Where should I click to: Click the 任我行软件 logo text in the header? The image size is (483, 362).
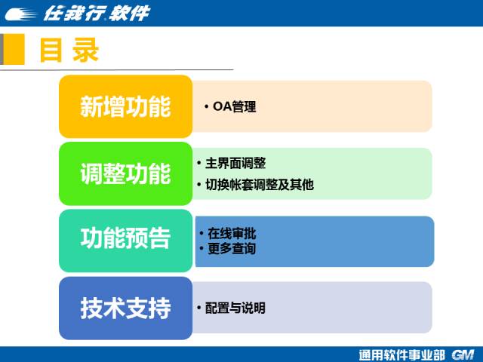97,14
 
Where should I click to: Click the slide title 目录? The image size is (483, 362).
69,51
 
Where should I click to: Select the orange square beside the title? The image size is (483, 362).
14,49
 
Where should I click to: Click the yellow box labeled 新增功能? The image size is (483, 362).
126,106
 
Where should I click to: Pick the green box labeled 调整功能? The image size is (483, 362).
126,173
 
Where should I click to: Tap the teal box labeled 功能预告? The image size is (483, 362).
126,241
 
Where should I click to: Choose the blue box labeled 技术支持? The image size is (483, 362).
126,308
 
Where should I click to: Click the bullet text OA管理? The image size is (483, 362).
235,107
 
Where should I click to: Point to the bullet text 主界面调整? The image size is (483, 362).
235,163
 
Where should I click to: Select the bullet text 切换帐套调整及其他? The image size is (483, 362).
260,185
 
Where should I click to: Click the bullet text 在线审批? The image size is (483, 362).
232,233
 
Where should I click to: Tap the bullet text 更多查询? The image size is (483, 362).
232,248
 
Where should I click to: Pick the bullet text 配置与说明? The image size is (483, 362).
235,308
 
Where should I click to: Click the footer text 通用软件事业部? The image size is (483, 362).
402,355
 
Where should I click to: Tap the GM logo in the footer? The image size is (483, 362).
463,355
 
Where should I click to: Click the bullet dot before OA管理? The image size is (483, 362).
206,107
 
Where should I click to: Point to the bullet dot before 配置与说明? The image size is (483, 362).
199,308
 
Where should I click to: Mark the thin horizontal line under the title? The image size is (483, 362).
116,70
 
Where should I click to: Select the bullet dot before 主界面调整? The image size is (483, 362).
199,163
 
